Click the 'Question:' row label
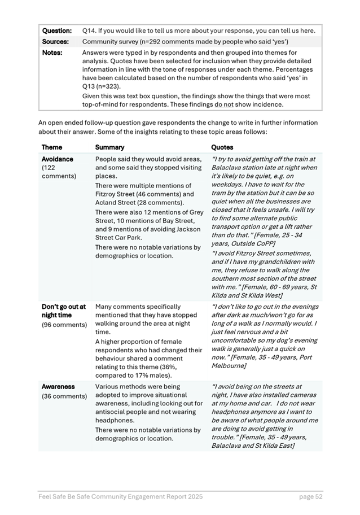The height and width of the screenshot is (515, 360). (57, 30)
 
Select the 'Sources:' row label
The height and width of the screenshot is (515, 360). (55, 41)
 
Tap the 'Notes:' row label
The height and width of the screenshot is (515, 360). (52, 53)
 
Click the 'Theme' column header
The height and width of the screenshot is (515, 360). (52, 147)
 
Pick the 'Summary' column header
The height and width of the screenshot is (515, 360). (109, 147)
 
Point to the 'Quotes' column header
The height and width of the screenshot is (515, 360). (222, 147)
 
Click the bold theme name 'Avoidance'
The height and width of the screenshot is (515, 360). (58, 159)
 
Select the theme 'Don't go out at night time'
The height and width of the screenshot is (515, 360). (63, 311)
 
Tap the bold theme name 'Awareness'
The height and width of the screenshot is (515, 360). (58, 387)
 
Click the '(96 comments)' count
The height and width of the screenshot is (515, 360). (64, 325)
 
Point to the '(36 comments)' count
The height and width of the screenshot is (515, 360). (64, 396)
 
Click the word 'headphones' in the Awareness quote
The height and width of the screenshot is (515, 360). (232, 412)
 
